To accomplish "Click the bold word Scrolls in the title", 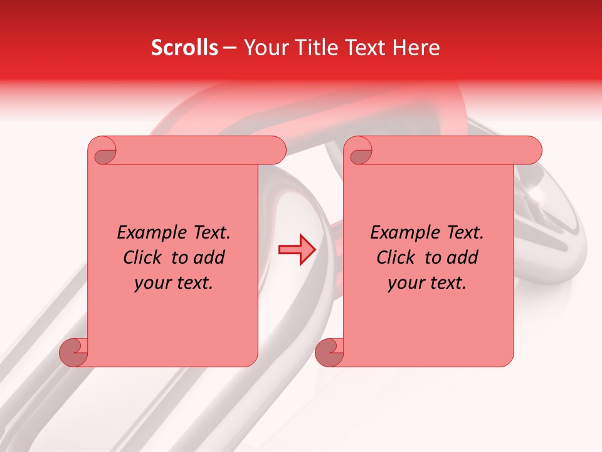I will click(x=185, y=48).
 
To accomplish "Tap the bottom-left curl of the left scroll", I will click(x=74, y=352).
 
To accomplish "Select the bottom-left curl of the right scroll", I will click(x=329, y=352).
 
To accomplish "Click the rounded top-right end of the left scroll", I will click(x=276, y=151).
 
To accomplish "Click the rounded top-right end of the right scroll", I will click(x=532, y=151).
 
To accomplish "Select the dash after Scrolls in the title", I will click(x=230, y=48).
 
